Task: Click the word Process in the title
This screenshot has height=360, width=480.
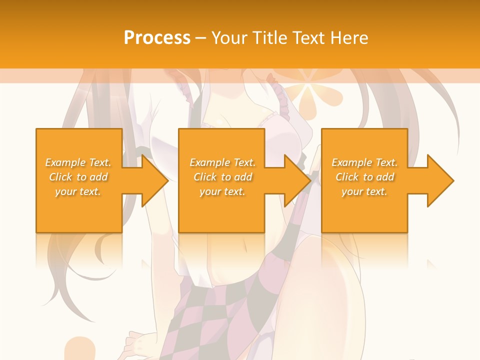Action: click(x=157, y=38)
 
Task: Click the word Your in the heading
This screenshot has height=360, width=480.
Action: click(x=229, y=38)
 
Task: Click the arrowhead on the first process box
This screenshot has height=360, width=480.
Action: click(x=153, y=180)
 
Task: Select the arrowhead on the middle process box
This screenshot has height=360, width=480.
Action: click(x=296, y=180)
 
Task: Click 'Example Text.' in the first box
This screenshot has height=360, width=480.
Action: click(x=78, y=162)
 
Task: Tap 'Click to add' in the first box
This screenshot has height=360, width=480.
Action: click(x=78, y=177)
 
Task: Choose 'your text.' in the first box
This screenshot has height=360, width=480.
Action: click(x=78, y=191)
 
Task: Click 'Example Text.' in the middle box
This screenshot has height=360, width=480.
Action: click(x=222, y=162)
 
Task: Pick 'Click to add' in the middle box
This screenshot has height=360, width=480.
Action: click(x=222, y=177)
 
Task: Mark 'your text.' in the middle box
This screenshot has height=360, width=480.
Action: click(x=222, y=191)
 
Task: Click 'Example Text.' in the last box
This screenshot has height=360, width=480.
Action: click(x=364, y=162)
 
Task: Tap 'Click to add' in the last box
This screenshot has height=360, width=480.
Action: click(x=364, y=177)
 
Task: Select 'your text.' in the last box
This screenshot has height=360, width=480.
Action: click(x=364, y=191)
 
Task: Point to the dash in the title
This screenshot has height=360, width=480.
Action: click(x=201, y=38)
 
